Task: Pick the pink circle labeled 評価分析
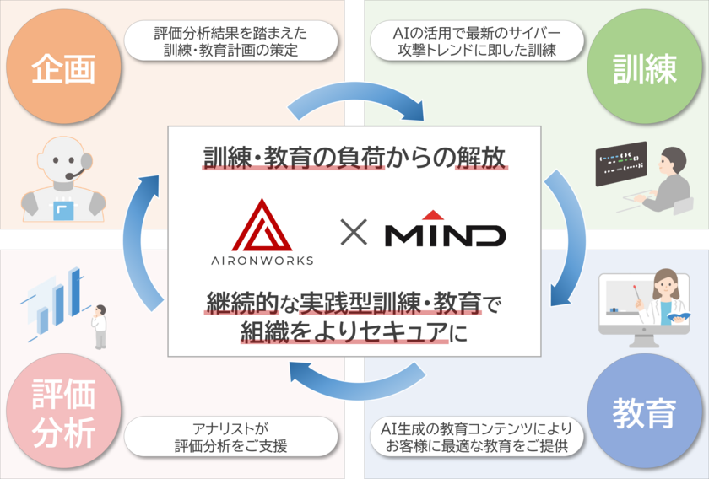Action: coord(63,412)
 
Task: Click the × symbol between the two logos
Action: coord(354,232)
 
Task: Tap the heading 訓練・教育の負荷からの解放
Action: coord(354,159)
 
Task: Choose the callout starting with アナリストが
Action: coord(230,437)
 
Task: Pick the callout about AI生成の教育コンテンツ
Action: coord(477,437)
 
